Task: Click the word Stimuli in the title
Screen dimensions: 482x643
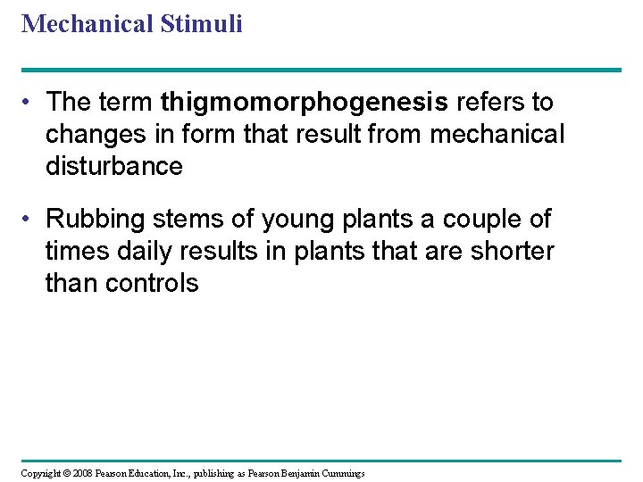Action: (x=202, y=24)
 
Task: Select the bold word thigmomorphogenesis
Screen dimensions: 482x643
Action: (x=305, y=104)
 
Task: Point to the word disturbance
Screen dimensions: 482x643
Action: (x=113, y=167)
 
